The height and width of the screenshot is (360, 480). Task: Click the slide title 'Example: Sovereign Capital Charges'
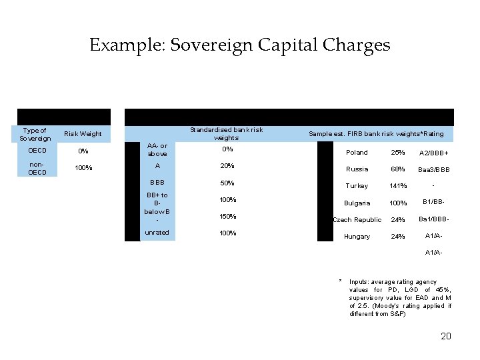coord(239,45)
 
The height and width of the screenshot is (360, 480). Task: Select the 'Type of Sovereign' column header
coord(35,134)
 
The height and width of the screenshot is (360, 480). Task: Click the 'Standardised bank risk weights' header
coord(227,133)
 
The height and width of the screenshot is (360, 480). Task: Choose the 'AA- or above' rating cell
coord(157,150)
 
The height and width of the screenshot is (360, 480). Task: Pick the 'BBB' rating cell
coord(157,182)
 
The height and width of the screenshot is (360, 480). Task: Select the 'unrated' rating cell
coord(157,233)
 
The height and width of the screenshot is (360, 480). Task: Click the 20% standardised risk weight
coord(227,166)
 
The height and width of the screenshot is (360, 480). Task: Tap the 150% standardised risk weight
coord(227,217)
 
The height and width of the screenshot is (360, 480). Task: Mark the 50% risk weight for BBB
coord(227,183)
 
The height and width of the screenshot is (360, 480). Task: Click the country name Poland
coord(357,153)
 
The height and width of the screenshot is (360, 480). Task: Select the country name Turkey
coord(357,186)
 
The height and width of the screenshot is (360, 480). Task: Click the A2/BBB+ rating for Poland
coord(433,153)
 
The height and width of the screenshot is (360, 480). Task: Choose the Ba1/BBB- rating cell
coord(433,219)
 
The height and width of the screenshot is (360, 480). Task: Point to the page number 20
coord(446,336)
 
